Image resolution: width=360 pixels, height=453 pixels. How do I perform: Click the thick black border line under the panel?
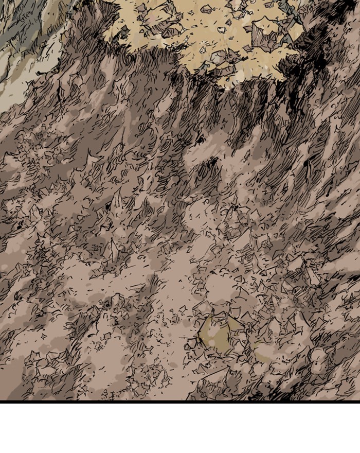tap(180, 401)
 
